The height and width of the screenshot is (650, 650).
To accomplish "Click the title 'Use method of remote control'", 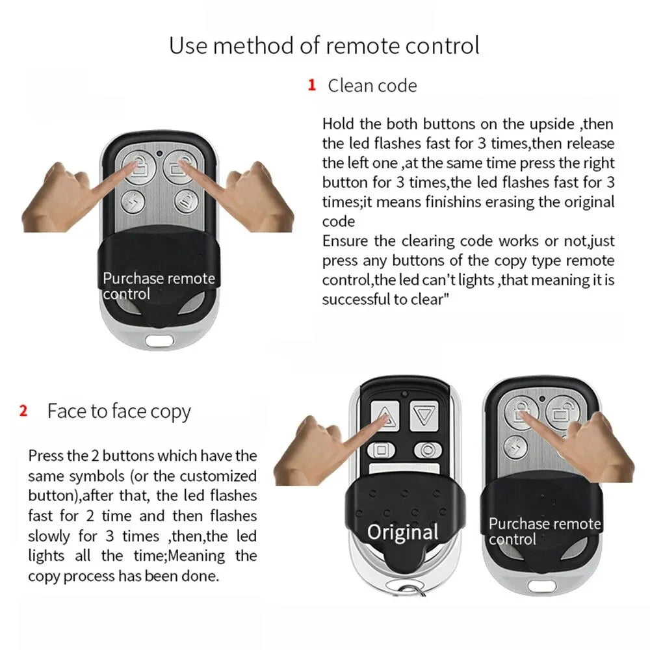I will point(324,45).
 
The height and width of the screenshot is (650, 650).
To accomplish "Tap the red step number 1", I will point(311,84).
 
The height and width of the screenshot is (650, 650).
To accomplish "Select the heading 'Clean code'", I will point(372,85).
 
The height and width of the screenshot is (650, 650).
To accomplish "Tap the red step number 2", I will point(23,411).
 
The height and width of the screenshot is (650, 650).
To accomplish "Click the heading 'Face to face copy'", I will point(119,411).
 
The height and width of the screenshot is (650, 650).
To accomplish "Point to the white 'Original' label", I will point(403,532).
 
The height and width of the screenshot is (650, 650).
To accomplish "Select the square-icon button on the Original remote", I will point(382,450).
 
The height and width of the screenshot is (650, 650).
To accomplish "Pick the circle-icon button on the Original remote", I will point(427,449).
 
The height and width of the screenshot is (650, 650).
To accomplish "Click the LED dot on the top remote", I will point(159,154).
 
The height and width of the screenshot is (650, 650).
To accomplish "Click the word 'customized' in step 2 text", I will point(218,475).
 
